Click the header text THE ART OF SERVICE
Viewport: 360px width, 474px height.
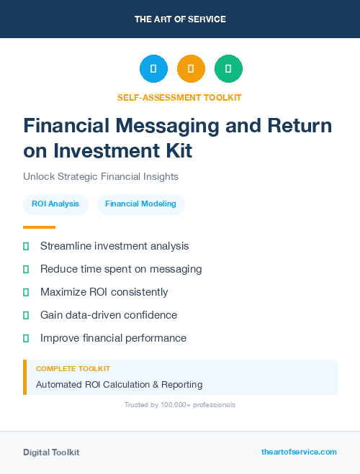click(x=180, y=19)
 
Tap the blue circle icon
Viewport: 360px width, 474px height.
click(x=153, y=69)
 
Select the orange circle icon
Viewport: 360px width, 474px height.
click(x=191, y=69)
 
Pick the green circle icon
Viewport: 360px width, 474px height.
click(x=228, y=69)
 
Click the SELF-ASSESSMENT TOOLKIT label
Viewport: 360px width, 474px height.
click(x=179, y=97)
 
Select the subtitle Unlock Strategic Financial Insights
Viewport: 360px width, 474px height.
click(x=100, y=176)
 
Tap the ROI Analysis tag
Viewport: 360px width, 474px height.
click(x=55, y=204)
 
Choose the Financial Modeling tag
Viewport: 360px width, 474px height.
click(x=140, y=204)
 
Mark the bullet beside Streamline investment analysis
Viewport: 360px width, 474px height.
click(x=26, y=246)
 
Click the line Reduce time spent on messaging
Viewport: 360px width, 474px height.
click(x=121, y=269)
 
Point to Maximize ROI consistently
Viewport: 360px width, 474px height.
click(x=104, y=292)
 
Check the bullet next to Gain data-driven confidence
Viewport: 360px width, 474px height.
click(x=26, y=315)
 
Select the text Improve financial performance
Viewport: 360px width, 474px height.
click(x=113, y=338)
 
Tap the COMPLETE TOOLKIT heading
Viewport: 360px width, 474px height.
click(x=73, y=368)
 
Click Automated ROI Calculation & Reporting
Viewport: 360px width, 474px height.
click(x=119, y=385)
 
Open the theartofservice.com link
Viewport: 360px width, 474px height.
click(x=299, y=452)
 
